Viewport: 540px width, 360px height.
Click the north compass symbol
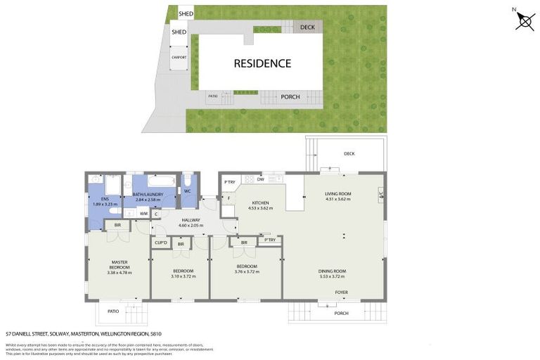tap(525, 20)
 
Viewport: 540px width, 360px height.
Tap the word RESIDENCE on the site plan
tap(262, 63)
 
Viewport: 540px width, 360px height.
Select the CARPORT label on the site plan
tap(179, 58)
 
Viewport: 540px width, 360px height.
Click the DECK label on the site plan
tap(307, 27)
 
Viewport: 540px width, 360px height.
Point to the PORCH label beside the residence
tap(290, 97)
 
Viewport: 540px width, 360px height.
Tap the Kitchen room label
tap(259, 203)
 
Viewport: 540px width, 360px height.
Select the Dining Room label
tap(334, 271)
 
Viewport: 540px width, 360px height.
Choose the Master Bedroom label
tap(119, 264)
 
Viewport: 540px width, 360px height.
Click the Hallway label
tap(189, 220)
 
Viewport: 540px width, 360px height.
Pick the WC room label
tap(188, 191)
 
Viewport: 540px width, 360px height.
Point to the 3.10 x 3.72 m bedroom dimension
tap(182, 276)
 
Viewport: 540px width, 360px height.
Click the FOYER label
tap(341, 292)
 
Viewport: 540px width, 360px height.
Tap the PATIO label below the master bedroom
tap(113, 311)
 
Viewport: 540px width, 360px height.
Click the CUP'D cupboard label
tap(161, 244)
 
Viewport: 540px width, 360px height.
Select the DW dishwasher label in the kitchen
tap(260, 179)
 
